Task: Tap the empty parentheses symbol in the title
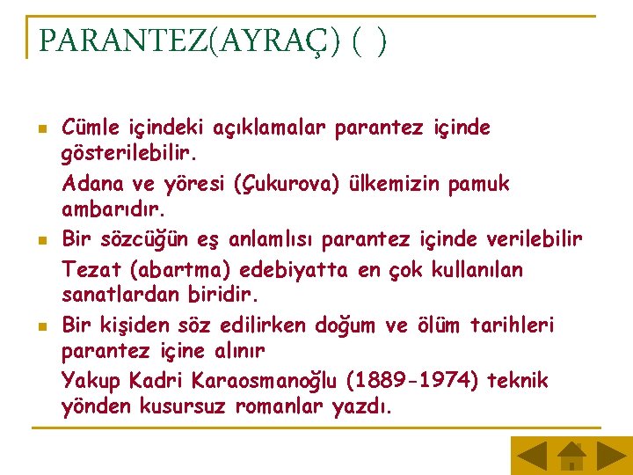click(368, 40)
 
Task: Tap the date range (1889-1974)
click(410, 382)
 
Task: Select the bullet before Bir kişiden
click(40, 326)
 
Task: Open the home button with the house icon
click(571, 455)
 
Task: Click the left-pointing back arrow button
click(530, 455)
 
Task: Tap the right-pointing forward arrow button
click(611, 455)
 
